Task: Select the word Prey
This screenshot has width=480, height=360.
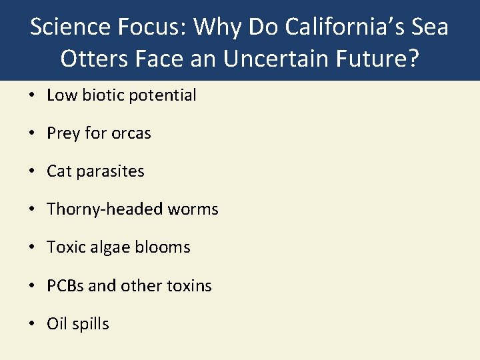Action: tap(63, 133)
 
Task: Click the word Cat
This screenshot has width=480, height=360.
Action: tap(59, 171)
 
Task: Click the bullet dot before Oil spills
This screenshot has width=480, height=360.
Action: tap(33, 325)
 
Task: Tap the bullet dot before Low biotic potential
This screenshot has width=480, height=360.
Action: tap(33, 96)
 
